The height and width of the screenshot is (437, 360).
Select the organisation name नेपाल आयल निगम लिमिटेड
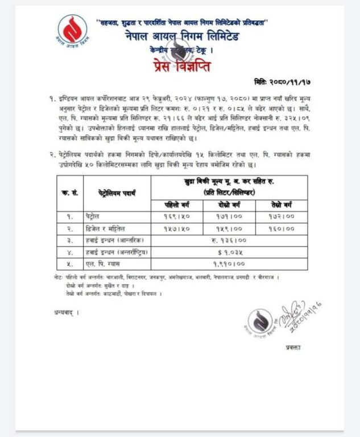[x=183, y=38]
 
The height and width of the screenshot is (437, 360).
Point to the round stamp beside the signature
[x=262, y=323]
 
